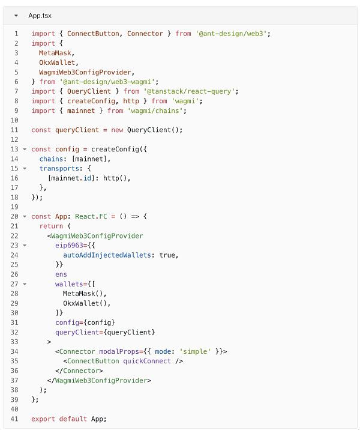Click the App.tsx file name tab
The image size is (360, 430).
pos(40,16)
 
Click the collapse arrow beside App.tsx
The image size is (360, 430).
pos(16,16)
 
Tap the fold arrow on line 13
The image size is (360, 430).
pos(25,149)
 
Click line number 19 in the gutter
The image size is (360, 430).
pos(14,207)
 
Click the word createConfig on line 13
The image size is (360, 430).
pos(115,149)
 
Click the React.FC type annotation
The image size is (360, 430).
pos(91,216)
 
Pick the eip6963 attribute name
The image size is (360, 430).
pos(69,245)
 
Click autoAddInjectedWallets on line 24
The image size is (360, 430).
pos(107,255)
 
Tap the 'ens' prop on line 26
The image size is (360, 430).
pos(61,274)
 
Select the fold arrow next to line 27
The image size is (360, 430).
pos(25,284)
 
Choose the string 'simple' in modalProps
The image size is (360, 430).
pos(195,351)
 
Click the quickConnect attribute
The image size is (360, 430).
pos(147,361)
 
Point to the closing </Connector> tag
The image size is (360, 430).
pos(79,371)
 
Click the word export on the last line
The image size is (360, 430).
pos(43,419)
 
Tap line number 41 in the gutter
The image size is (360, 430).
pos(14,419)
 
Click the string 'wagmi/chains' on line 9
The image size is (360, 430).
pos(155,111)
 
